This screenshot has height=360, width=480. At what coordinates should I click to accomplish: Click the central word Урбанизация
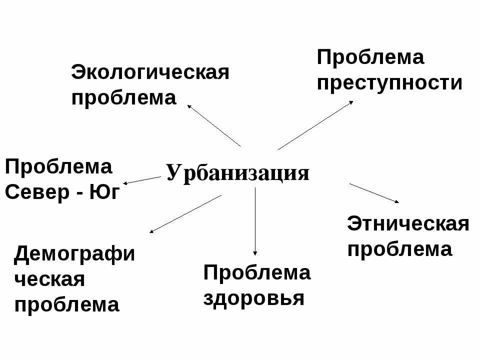238,173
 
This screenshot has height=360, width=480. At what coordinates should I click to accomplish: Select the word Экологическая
150,72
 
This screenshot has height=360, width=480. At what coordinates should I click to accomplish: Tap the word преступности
389,82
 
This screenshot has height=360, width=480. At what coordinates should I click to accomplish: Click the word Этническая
408,223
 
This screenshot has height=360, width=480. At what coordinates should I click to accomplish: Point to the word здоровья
254,298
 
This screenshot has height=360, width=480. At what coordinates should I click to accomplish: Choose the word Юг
104,192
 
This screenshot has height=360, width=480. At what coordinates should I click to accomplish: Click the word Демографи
74,254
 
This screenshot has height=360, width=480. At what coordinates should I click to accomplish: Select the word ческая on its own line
49,279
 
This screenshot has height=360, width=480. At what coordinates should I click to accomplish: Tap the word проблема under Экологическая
123,98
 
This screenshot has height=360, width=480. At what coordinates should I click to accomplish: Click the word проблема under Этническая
399,249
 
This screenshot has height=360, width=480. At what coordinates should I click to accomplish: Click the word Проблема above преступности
370,57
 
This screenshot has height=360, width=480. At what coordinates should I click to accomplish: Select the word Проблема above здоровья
257,273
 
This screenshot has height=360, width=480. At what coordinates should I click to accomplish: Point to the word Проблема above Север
58,167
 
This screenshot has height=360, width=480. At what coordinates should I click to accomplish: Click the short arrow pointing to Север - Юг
142,180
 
